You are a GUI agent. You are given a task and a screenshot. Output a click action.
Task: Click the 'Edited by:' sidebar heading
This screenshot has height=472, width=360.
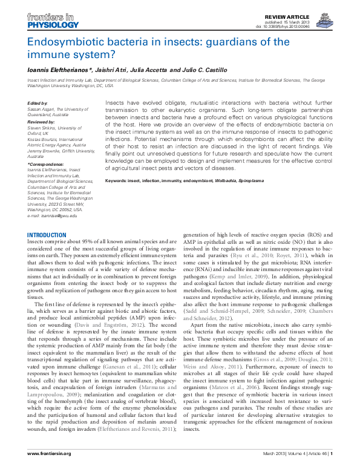[38, 103]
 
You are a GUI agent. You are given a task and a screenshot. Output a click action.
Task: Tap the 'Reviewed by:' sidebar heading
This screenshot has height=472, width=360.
[41, 121]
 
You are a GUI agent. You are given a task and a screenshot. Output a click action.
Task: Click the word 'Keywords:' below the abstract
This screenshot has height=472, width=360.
[118, 164]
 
